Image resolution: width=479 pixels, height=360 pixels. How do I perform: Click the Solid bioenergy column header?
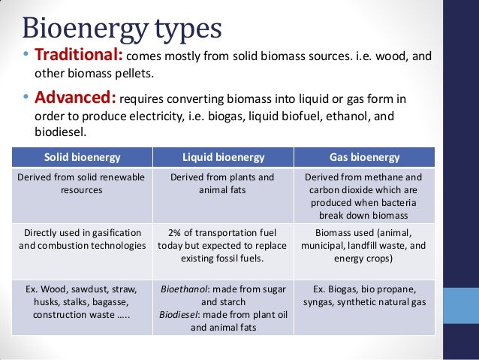coord(82,157)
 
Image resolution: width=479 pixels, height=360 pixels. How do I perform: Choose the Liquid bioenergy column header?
coord(223,157)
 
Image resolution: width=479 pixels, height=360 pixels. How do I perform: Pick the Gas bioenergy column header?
coord(364,157)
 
